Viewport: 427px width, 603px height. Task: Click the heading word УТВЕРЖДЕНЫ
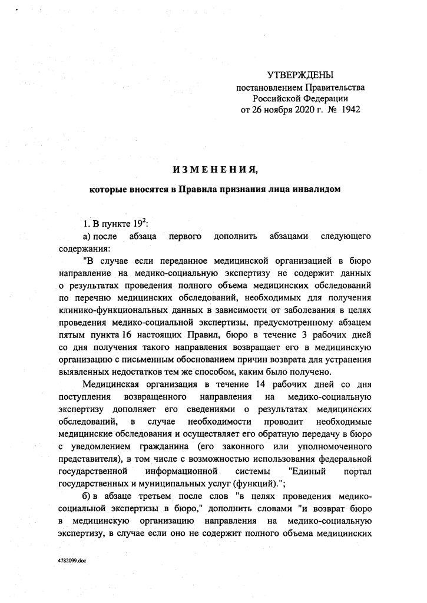click(x=300, y=76)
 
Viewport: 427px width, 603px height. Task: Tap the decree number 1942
click(x=348, y=110)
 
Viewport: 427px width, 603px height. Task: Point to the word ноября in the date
click(x=269, y=110)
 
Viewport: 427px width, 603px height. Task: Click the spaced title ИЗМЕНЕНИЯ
click(x=215, y=170)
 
